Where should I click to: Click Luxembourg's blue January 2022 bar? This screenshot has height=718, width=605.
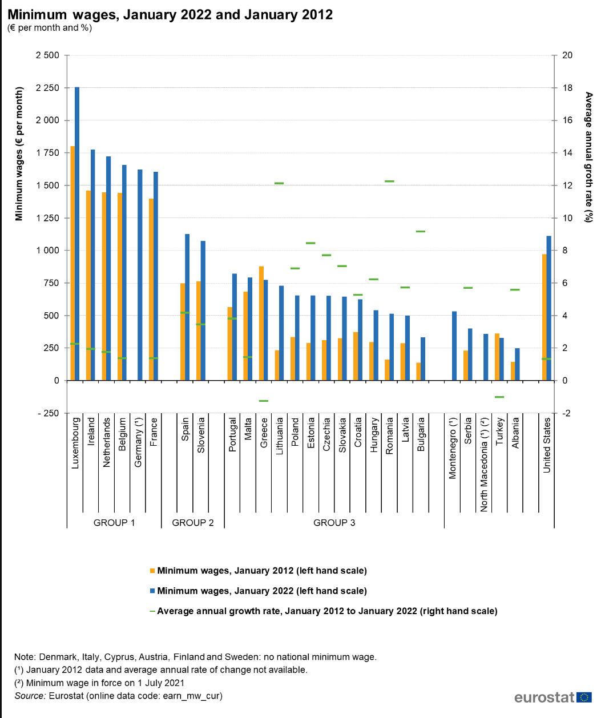click(x=77, y=234)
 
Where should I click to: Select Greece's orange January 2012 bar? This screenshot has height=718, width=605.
click(x=261, y=323)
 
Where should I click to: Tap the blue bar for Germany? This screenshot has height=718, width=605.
click(x=140, y=275)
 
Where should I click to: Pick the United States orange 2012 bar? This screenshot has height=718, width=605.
click(x=544, y=317)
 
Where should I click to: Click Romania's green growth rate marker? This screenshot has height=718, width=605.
click(x=389, y=181)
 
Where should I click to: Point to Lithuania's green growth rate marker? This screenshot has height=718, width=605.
click(x=279, y=183)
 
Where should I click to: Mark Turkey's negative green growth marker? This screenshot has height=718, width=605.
click(x=499, y=397)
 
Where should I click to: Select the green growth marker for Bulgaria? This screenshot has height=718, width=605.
click(x=421, y=231)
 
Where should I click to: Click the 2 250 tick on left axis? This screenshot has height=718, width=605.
click(x=48, y=88)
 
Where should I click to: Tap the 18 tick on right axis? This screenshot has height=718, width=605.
click(x=567, y=88)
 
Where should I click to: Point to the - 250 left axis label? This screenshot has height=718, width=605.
click(x=49, y=413)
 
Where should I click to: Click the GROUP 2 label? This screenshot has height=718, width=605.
click(x=192, y=523)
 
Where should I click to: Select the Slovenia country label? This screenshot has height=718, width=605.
click(x=201, y=435)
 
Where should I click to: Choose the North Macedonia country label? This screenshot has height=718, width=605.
click(x=484, y=465)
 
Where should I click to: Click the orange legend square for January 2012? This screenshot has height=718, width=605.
click(x=152, y=571)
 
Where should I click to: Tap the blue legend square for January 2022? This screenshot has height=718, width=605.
click(x=152, y=591)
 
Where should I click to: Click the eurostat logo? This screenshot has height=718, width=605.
click(x=553, y=697)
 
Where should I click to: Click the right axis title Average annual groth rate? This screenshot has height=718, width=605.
click(x=589, y=157)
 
